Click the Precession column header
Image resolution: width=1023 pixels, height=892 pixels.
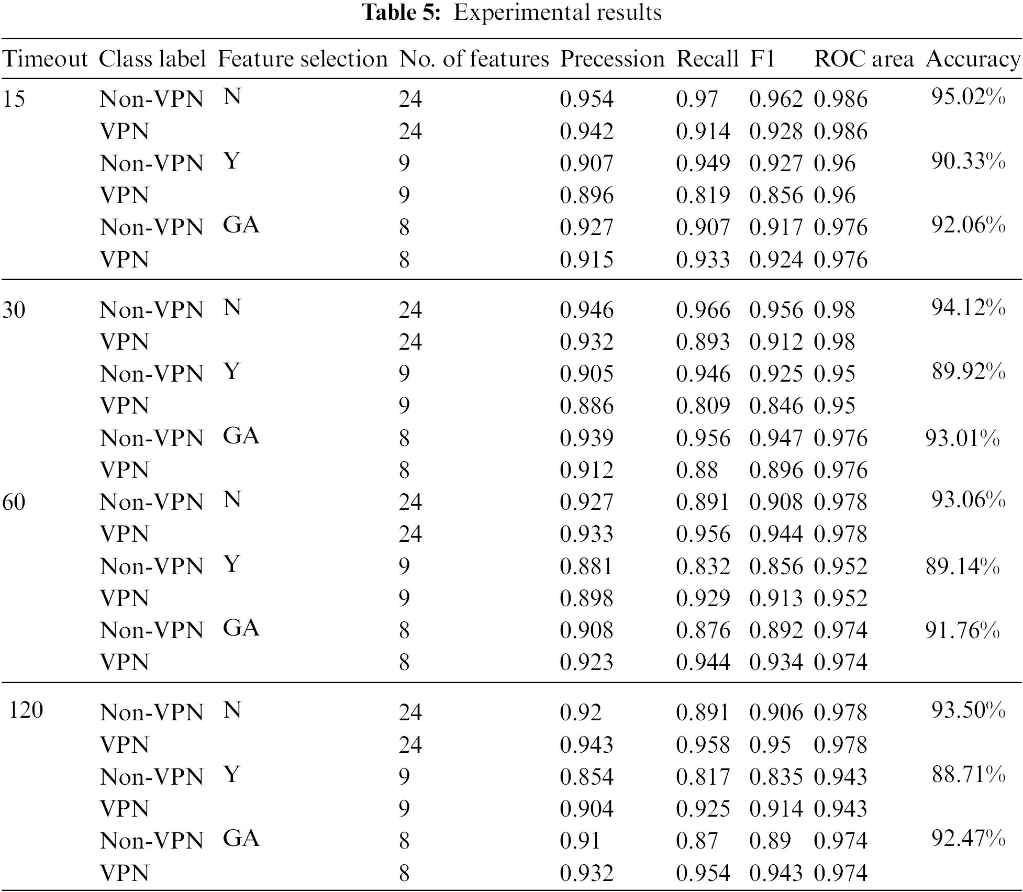tap(612, 59)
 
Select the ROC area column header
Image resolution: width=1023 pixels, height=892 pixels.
tap(864, 59)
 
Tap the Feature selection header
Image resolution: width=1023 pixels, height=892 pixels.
tap(303, 59)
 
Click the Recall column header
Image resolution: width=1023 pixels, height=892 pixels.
tap(707, 59)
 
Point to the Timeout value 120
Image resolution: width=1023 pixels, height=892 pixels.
tap(26, 710)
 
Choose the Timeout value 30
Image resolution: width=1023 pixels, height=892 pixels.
tap(14, 310)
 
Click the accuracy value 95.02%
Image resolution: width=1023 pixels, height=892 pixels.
tap(968, 97)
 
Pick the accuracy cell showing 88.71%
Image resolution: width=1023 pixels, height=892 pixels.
tap(968, 774)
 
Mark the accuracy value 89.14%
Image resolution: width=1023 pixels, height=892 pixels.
tap(962, 566)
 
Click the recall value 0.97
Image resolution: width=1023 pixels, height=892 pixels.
tap(697, 99)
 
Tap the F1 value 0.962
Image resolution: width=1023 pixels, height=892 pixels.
tap(776, 99)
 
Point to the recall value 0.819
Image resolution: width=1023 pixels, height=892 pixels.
tap(703, 195)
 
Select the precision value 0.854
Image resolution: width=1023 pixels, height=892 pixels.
tap(586, 776)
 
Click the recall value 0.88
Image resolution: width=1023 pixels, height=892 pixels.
tap(697, 470)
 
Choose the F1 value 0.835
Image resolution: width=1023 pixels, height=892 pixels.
tap(776, 776)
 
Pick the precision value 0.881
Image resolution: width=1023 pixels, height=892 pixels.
tap(586, 566)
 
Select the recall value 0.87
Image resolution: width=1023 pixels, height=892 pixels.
tap(697, 841)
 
